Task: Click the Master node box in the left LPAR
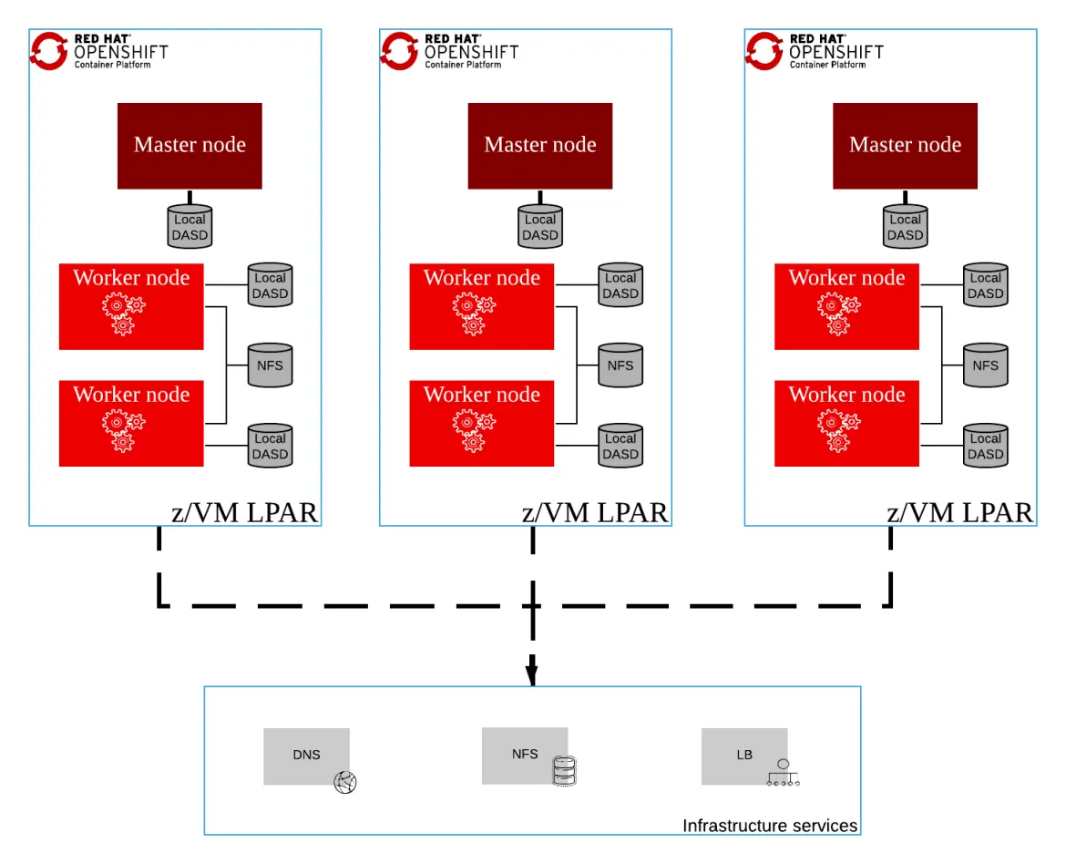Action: (x=190, y=146)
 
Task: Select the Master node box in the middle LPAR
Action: (x=540, y=146)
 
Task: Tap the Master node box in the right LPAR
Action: (x=905, y=146)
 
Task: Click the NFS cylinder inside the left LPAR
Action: (x=270, y=365)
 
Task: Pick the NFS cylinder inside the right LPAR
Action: (x=985, y=365)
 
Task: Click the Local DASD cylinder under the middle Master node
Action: (x=540, y=227)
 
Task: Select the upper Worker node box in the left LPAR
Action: (x=131, y=306)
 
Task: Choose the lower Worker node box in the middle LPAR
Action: (x=481, y=423)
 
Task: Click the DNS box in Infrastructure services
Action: (x=306, y=756)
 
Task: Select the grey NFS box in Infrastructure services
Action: (x=525, y=755)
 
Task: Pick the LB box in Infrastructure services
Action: (x=744, y=756)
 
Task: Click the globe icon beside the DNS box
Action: (x=345, y=782)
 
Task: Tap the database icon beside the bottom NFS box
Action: (x=565, y=774)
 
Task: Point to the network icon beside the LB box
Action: (x=783, y=774)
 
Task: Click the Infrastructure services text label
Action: (x=770, y=826)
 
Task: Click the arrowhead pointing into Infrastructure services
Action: (x=532, y=675)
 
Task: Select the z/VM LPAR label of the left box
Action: (x=244, y=513)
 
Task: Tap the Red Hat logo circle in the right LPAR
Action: (x=764, y=50)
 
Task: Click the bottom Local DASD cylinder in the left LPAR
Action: (x=270, y=446)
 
